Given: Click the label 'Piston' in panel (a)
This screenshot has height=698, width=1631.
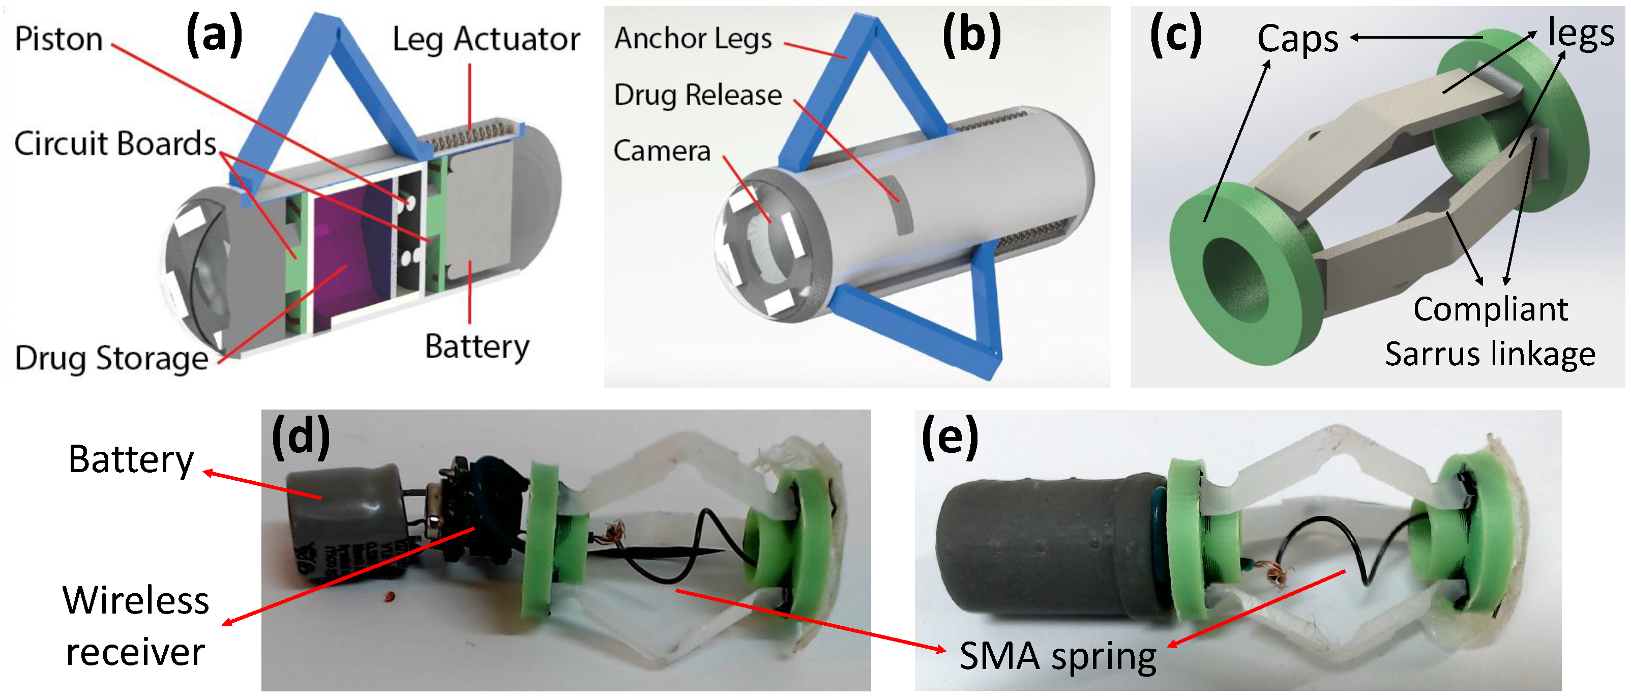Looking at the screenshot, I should [58, 39].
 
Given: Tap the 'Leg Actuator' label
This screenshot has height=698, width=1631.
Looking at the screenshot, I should [486, 39].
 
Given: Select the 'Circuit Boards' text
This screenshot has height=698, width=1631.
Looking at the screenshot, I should [115, 144].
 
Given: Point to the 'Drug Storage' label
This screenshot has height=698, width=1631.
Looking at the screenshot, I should [111, 359].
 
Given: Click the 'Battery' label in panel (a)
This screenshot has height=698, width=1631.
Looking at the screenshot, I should [477, 347].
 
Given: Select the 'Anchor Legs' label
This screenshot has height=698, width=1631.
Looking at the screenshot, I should [693, 39].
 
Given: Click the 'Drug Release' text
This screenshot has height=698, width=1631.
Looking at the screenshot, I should [698, 95].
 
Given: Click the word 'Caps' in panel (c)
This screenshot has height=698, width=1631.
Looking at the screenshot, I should [1297, 39].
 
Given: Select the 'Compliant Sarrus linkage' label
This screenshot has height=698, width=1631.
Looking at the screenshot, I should [1490, 331].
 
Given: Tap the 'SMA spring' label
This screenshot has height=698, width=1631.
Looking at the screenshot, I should [1057, 656].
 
